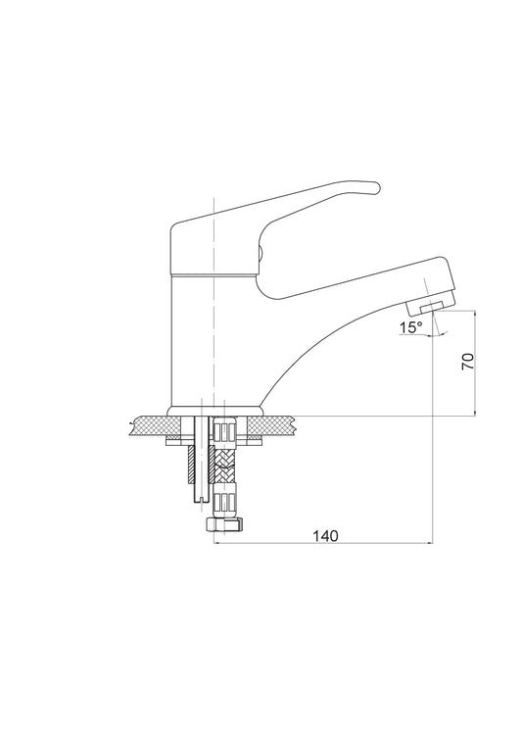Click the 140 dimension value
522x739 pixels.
pyautogui.click(x=325, y=535)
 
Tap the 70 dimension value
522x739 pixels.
pyautogui.click(x=468, y=361)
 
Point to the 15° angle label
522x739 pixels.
pyautogui.click(x=411, y=327)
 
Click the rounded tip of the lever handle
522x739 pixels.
pyautogui.click(x=375, y=187)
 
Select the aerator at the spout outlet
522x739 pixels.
pyautogui.click(x=430, y=308)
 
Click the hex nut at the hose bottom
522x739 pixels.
pyautogui.click(x=223, y=523)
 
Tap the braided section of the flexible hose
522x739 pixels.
pyautogui.click(x=224, y=464)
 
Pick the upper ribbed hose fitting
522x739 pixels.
pyautogui.click(x=224, y=430)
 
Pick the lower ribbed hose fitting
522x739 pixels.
pyautogui.click(x=224, y=501)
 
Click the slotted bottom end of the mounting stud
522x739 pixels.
pyautogui.click(x=201, y=498)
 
